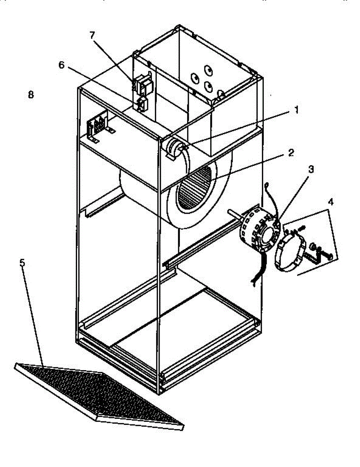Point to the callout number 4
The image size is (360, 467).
coord(330,202)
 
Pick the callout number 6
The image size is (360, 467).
coord(61,65)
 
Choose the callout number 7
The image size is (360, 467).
coord(92,35)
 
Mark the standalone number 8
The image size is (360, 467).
coord(31,94)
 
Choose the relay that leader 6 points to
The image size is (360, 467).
coord(143,104)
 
